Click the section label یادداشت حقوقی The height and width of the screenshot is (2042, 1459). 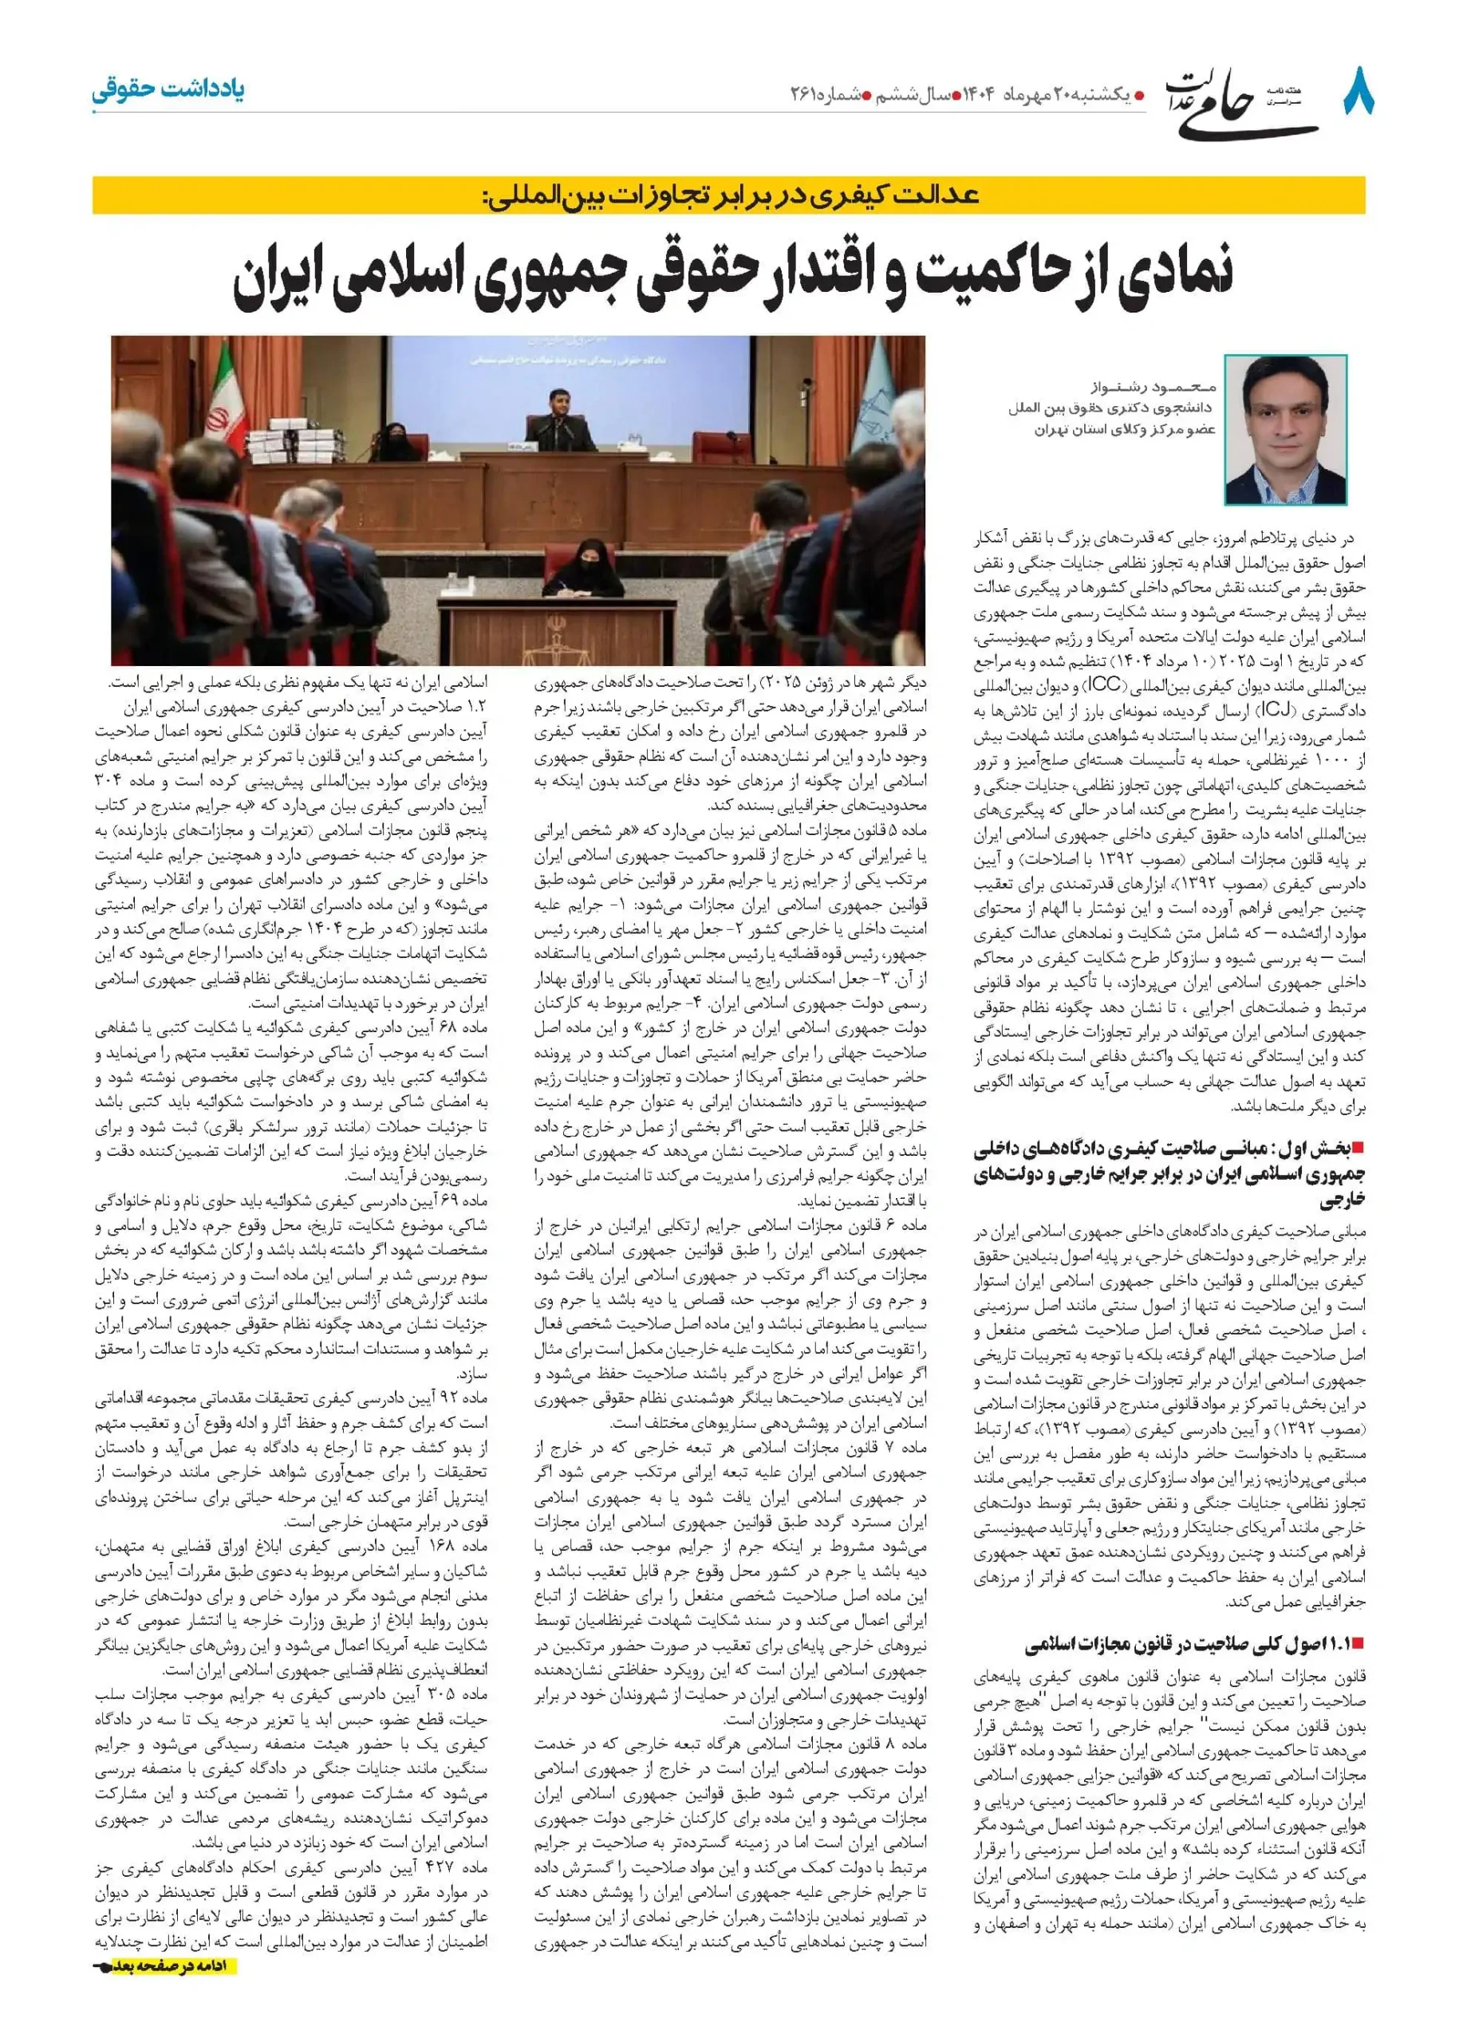coord(168,90)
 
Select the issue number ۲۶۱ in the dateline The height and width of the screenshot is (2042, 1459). coord(807,93)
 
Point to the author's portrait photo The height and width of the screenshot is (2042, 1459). coord(1285,429)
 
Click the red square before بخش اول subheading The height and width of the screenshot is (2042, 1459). coord(1358,1148)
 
